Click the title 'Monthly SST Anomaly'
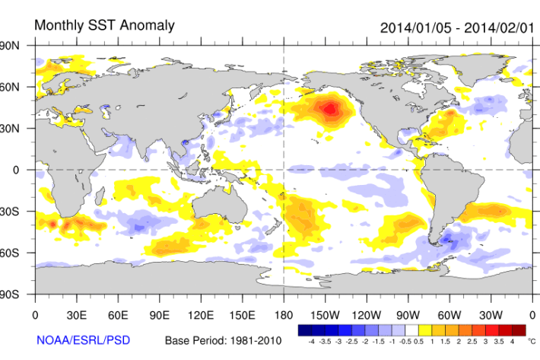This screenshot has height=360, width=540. [104, 25]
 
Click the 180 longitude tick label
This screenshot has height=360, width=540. [284, 314]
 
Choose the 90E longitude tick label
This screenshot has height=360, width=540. [160, 314]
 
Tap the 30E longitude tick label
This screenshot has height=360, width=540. [76, 314]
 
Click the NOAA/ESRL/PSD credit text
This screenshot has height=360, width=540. [82, 339]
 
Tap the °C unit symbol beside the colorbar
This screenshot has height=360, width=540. [532, 341]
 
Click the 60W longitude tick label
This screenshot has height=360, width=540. [449, 314]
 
